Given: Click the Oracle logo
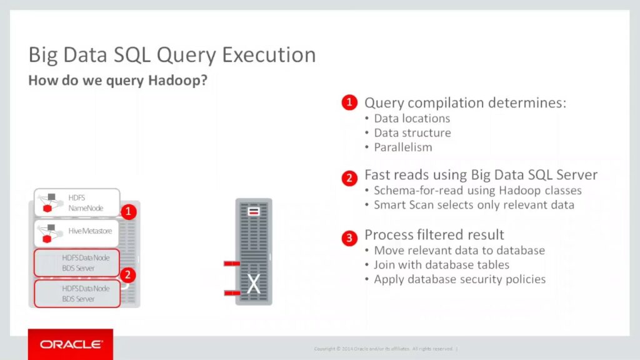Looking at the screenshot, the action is coord(71,344).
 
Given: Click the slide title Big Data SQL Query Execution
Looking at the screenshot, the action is coord(172,55).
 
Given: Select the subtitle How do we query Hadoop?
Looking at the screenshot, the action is coord(118,81).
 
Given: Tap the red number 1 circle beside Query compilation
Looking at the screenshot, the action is coord(349,102).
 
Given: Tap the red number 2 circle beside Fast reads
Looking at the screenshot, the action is coord(349,178).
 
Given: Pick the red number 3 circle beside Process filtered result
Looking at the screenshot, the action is coord(349,237).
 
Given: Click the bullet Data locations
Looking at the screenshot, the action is coord(412,118).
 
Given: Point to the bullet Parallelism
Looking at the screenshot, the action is coord(403,147).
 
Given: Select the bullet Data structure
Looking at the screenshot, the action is coord(412,132).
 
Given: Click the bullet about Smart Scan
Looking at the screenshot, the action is coord(474,204).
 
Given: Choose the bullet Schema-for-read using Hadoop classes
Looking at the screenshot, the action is coord(477,191).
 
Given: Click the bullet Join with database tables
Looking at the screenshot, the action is coord(442,265).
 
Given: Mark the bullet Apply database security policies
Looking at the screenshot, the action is coord(459,279).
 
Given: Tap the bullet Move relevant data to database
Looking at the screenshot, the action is coord(459,250).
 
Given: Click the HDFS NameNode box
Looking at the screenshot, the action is coord(77,202).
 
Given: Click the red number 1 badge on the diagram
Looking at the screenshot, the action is coord(129,211).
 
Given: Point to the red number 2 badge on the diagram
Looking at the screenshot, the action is coord(127,275).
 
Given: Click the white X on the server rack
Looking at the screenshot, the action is coord(254,284).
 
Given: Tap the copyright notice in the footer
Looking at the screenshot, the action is coord(386,349).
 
